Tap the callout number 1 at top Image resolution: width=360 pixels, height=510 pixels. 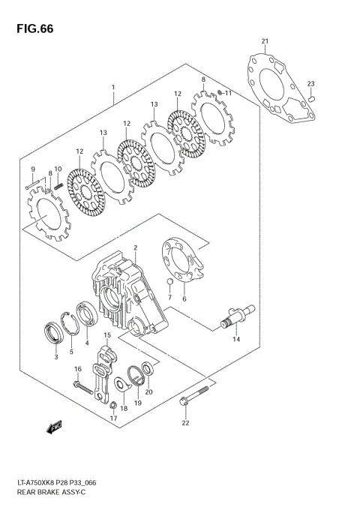coord(113,87)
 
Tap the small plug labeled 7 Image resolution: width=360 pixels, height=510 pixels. coord(170,284)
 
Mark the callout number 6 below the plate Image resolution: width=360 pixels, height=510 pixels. coord(184,299)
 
